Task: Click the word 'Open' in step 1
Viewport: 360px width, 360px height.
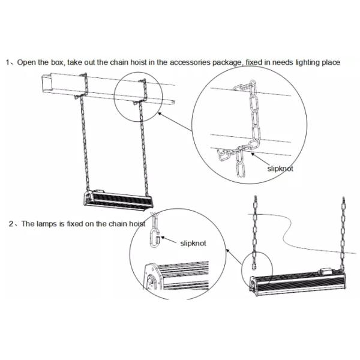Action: (25, 62)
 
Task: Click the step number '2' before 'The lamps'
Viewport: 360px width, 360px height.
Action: (11, 224)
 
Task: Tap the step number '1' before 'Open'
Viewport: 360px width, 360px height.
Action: (8, 62)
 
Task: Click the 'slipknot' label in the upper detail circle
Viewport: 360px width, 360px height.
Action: (280, 169)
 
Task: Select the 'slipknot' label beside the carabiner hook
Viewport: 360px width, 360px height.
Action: (193, 244)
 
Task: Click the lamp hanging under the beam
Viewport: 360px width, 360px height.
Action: (118, 200)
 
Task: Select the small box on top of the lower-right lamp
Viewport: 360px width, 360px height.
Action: (326, 271)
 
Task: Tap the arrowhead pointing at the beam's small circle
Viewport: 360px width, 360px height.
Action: (160, 113)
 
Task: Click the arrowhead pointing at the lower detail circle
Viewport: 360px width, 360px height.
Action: (227, 250)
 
